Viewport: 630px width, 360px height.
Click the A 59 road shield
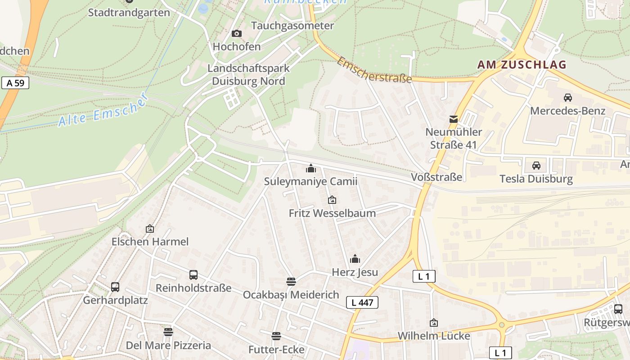pyautogui.click(x=15, y=83)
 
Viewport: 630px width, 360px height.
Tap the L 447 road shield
pyautogui.click(x=362, y=302)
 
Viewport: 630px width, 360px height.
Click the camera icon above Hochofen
pyautogui.click(x=236, y=34)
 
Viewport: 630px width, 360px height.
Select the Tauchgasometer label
pyautogui.click(x=292, y=26)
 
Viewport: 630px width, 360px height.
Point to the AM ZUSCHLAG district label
pyautogui.click(x=522, y=65)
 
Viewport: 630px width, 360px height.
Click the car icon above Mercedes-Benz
pyautogui.click(x=567, y=98)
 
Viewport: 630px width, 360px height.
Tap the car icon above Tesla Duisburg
pyautogui.click(x=536, y=166)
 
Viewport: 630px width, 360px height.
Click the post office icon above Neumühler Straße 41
pyautogui.click(x=454, y=119)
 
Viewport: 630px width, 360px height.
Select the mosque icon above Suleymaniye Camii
pyautogui.click(x=310, y=169)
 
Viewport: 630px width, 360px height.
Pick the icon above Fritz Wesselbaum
pyautogui.click(x=332, y=200)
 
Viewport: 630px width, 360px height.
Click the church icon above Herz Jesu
pyautogui.click(x=355, y=259)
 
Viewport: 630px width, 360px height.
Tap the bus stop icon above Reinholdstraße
pyautogui.click(x=193, y=275)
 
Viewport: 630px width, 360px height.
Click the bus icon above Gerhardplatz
pyautogui.click(x=115, y=287)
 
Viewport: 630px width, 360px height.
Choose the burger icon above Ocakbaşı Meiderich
pyautogui.click(x=291, y=282)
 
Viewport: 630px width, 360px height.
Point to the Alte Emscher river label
pyautogui.click(x=103, y=110)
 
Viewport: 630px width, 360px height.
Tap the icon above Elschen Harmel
pyautogui.click(x=150, y=229)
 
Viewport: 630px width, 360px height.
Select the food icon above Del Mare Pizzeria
pyautogui.click(x=168, y=332)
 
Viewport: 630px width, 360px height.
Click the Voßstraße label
pyautogui.click(x=436, y=177)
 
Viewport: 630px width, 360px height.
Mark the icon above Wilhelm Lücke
pyautogui.click(x=433, y=323)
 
